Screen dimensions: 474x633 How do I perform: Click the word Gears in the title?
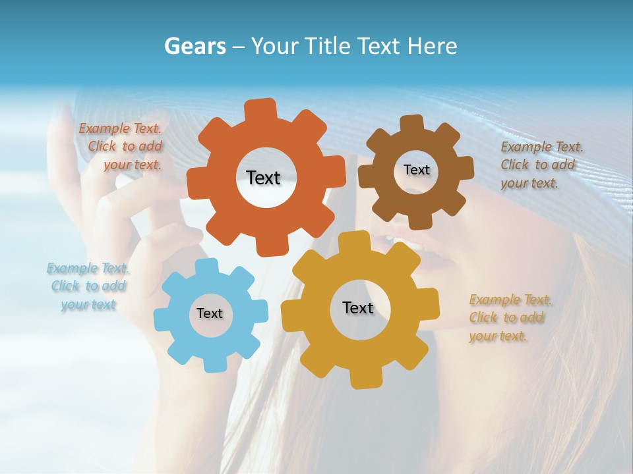[x=195, y=47]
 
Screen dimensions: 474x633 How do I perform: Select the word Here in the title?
[x=433, y=46]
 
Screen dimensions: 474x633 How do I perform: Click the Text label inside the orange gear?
[x=263, y=178]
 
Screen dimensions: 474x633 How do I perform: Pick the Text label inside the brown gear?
[x=416, y=170]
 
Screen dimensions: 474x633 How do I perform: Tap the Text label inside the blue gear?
[x=210, y=313]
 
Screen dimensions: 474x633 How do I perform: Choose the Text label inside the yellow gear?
[x=358, y=307]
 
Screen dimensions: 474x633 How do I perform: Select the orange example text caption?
[x=121, y=147]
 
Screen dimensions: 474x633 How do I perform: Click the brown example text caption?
[x=539, y=165]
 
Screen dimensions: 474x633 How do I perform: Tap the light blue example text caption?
[x=88, y=286]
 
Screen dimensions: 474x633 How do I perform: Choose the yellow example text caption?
[x=509, y=317]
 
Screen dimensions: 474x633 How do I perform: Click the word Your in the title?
[x=276, y=47]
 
